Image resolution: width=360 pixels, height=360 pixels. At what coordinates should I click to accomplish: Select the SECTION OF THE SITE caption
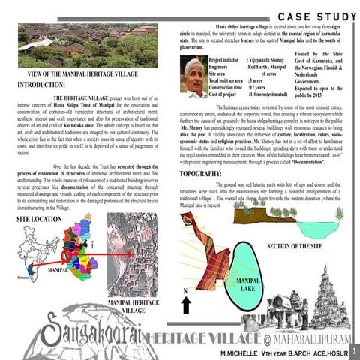coord(301,246)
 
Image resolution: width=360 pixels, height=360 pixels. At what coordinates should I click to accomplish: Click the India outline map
coord(22,251)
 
